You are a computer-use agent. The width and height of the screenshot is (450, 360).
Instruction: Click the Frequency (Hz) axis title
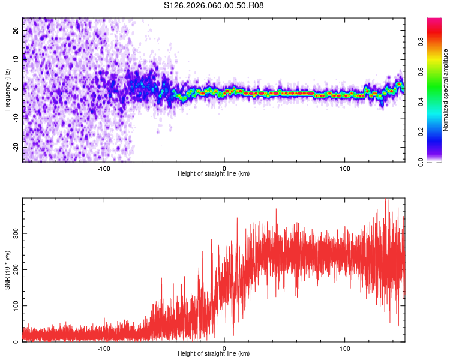7,89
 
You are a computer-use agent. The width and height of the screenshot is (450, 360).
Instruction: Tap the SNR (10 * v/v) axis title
7,270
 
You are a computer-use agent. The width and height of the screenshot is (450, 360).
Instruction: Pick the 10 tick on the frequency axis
16,59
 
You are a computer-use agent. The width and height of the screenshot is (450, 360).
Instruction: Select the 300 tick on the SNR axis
16,233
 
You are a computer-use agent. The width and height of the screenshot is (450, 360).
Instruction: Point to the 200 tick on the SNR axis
16,269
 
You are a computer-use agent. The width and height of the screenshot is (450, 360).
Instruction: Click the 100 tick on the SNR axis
16,306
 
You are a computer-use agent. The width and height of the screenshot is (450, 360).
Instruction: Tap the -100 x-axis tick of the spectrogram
104,167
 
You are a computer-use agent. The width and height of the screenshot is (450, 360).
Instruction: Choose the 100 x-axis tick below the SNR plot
345,347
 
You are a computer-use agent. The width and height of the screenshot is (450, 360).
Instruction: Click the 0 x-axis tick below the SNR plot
224,347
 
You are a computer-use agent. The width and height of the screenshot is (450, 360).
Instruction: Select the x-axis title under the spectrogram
214,174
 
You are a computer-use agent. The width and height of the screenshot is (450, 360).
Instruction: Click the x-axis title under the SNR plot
214,354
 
